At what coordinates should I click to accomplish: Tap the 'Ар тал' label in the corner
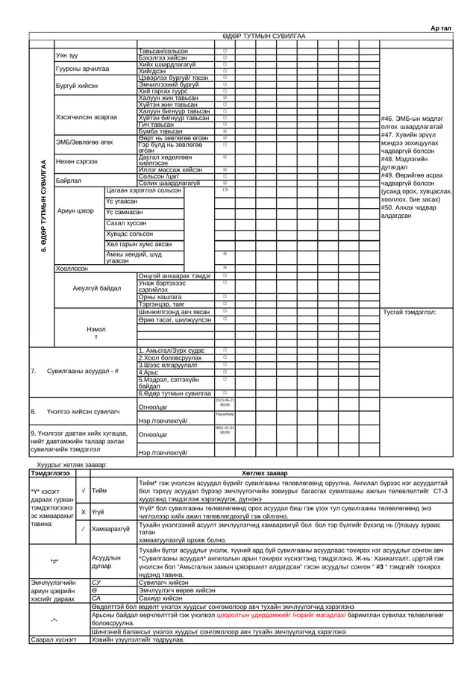coord(441,28)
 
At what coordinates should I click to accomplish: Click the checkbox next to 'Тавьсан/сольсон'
coord(225,51)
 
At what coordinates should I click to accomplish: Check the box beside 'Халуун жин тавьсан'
coord(225,98)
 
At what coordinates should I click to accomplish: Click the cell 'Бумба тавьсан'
coord(160,131)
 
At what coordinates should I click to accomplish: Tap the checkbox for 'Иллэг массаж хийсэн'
coord(225,169)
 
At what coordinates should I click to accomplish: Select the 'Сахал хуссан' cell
coord(126,222)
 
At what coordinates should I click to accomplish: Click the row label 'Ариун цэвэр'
coord(75,211)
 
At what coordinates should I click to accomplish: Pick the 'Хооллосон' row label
coord(72,268)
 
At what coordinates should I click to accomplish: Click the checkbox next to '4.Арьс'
coord(225,371)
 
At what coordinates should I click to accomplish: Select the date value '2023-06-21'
coord(225,401)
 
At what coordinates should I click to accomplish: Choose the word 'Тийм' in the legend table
coord(99,490)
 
